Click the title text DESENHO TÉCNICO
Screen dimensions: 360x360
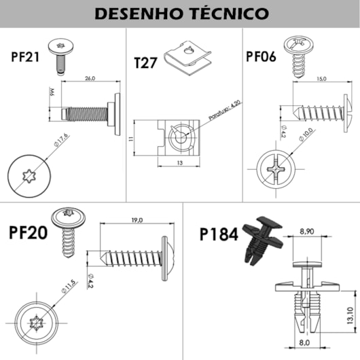tap(180, 13)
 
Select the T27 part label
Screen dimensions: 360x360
tap(146, 63)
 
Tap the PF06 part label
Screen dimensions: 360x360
tap(261, 56)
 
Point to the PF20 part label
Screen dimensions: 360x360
tap(29, 233)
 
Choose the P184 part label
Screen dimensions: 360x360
tap(219, 234)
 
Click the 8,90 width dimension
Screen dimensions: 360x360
tap(306, 232)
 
